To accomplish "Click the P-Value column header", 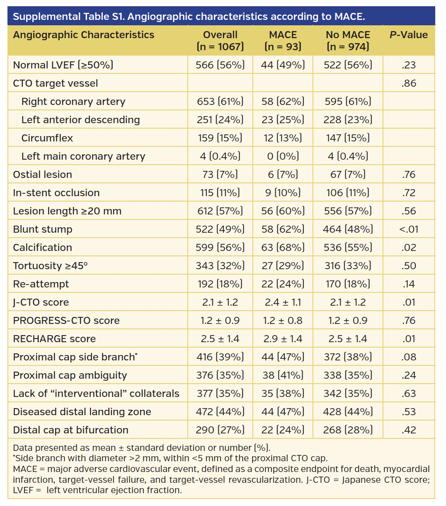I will coord(408,35).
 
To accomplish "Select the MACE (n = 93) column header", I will coord(283,41).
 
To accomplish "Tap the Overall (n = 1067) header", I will coord(220,41).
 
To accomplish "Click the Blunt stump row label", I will coord(43,229).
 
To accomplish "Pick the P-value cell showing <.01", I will coord(408,229).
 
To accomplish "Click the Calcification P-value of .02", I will coord(408,248).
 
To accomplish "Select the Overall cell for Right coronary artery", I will coord(220,102).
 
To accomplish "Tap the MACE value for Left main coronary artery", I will coord(283,156).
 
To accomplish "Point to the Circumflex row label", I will coord(47,138).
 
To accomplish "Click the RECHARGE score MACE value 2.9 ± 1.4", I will coord(283,339).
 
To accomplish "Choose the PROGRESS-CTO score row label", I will coord(66,321).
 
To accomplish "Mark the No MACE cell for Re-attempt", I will coord(348,284).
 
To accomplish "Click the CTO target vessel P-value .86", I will coord(408,83).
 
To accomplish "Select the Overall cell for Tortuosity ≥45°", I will coord(220,266).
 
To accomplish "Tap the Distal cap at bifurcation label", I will coord(71,430).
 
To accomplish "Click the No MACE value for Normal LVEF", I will coord(348,65).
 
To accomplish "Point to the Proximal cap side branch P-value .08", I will coord(408,357).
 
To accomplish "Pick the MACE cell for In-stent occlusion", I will coord(283,193).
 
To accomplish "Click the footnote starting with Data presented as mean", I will coord(141,448).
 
